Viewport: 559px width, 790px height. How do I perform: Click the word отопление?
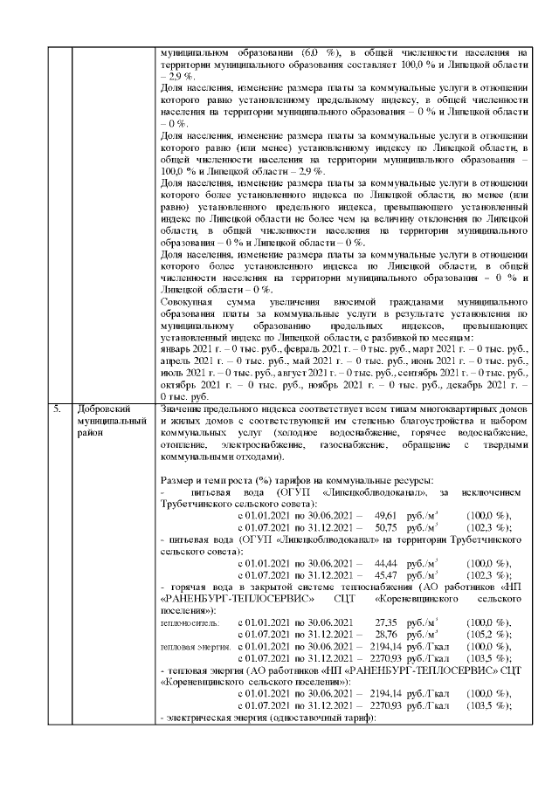point(183,445)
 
